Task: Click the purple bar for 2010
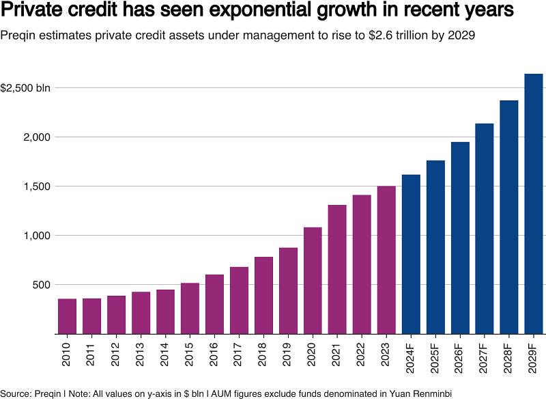pyautogui.click(x=67, y=316)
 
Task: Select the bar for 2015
pyautogui.click(x=190, y=308)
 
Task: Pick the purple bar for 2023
pyautogui.click(x=386, y=260)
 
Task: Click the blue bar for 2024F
pyautogui.click(x=411, y=254)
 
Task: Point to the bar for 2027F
pyautogui.click(x=485, y=228)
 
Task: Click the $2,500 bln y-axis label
pyautogui.click(x=25, y=88)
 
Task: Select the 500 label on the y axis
pyautogui.click(x=41, y=285)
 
